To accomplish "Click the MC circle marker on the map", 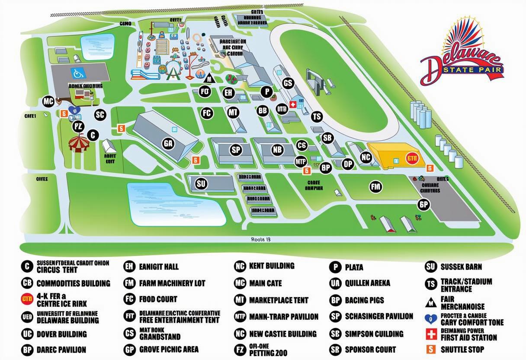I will coord(48,102).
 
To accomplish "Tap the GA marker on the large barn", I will coord(168,143).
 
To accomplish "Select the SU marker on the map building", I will coord(201,183).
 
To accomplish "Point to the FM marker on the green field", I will coord(375,187).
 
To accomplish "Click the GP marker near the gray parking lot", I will coord(423,205).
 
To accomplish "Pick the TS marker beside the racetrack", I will coord(317,116).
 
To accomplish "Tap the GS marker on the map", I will coord(288,83).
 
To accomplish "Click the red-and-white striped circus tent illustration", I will coord(79,144).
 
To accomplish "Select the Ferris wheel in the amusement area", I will coord(172,69).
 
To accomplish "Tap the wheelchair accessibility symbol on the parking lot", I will coord(76,71).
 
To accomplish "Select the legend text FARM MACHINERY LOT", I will coord(172,283).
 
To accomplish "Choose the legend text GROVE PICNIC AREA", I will coord(169,349).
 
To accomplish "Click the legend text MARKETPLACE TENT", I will coord(279,300).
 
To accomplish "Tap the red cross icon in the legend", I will coord(431,334).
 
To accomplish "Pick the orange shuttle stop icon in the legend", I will coord(431,349).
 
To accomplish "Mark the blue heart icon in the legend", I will coord(431,319).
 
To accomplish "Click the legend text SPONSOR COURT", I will coord(370,349).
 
